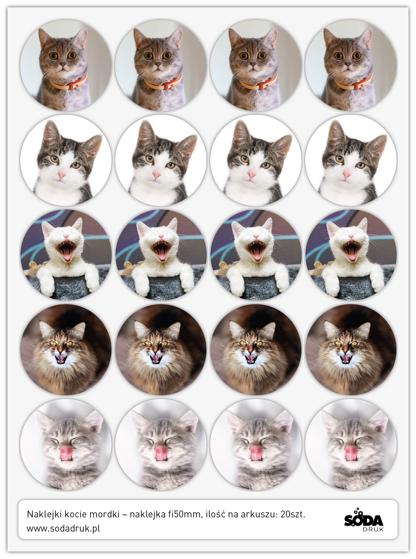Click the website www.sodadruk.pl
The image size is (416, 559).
point(63,528)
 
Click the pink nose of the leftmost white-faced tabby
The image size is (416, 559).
point(61,176)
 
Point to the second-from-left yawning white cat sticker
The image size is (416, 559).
point(161,255)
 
